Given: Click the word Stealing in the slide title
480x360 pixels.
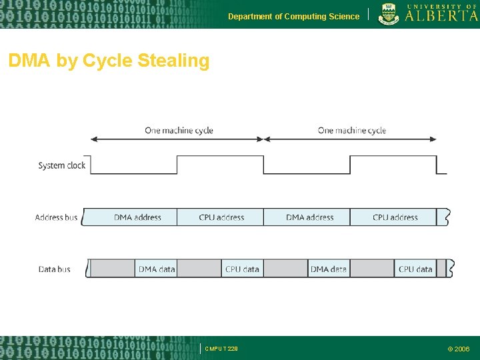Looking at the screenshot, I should coord(173,61).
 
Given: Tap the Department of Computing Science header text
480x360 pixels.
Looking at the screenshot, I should coord(293,17).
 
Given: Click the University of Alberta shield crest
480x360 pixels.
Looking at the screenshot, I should coord(389,13).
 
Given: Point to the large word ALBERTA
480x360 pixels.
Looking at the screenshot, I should coord(441,16).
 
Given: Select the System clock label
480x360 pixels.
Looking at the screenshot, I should coord(62,165).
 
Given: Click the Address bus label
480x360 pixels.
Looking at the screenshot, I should coord(57,217).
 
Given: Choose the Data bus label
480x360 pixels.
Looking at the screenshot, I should coord(55,269).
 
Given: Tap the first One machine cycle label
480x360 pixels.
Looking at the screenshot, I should coord(179,130).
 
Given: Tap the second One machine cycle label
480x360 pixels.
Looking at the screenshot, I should coord(352,130).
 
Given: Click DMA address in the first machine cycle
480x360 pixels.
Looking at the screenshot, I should coord(137,217).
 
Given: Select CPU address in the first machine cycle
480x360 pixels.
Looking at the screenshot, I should coord(221,217).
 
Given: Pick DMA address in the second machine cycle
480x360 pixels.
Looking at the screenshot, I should coord(309,217).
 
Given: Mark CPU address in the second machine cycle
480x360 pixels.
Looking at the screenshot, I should coord(395,217).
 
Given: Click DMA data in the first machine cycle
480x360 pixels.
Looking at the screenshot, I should coord(157,269).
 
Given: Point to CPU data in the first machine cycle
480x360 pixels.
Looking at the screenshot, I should coord(242,269).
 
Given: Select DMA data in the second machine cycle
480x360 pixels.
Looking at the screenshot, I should coord(329,269).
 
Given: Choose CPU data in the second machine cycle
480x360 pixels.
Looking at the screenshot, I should coord(415,269).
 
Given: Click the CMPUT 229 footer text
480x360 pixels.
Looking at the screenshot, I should coord(221,349).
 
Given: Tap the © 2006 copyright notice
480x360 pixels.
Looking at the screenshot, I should coord(459,349).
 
